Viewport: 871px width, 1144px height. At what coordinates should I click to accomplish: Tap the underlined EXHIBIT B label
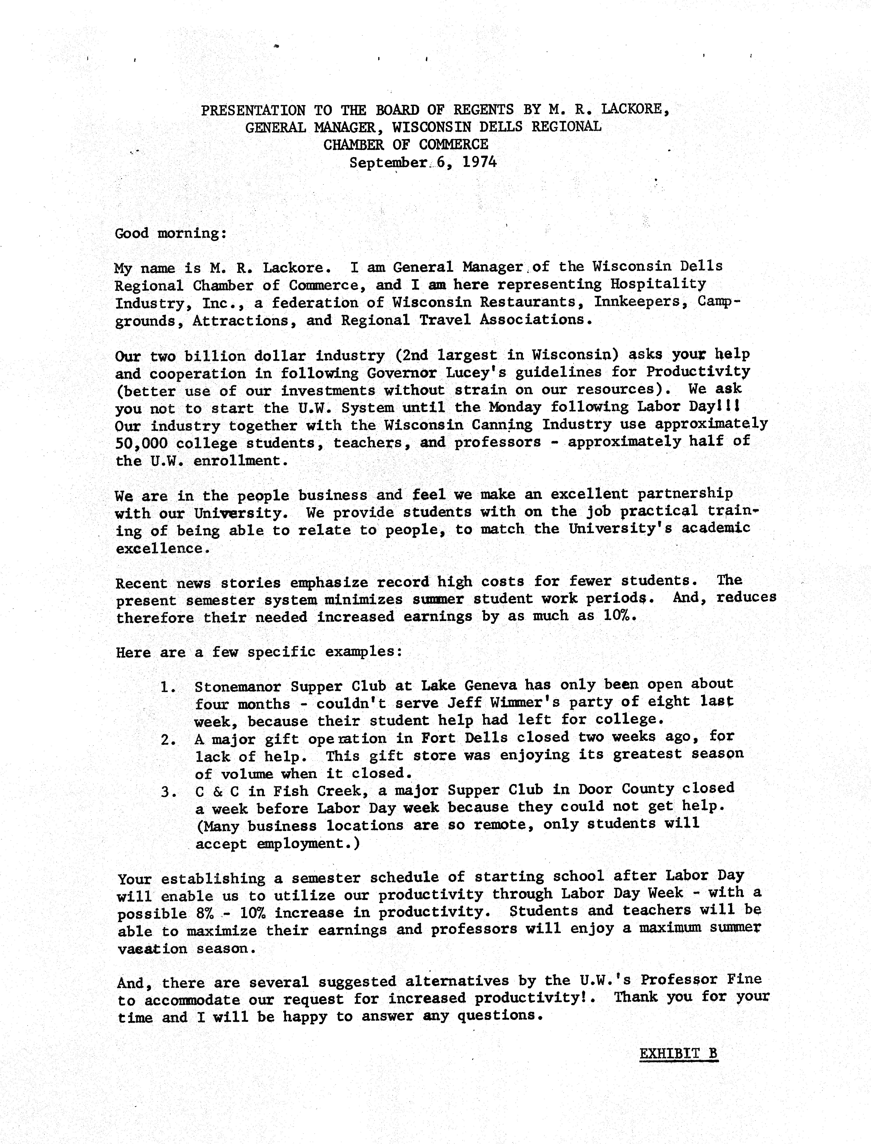point(679,1054)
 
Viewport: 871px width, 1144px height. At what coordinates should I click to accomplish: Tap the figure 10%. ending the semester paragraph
point(619,616)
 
